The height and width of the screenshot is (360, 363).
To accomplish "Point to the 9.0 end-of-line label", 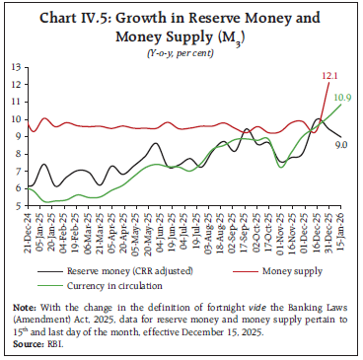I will click(x=340, y=145).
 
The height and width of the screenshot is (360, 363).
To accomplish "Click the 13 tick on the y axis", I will click(x=15, y=67).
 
